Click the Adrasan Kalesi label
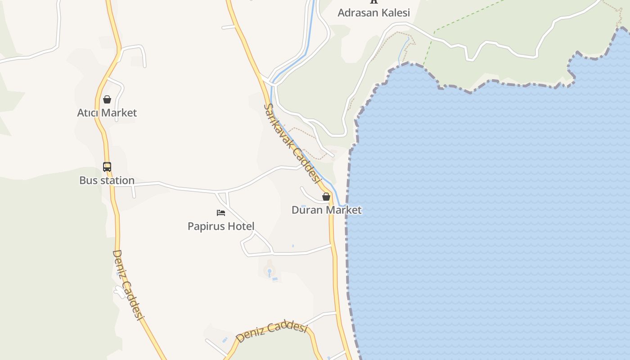tap(373, 13)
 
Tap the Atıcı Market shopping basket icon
tap(107, 99)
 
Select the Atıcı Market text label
tap(107, 112)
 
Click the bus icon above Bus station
tap(107, 167)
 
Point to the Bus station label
tap(107, 180)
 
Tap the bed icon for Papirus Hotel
tap(221, 213)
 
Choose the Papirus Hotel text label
tap(221, 226)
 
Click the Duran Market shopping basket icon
tap(326, 197)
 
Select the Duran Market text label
tap(326, 210)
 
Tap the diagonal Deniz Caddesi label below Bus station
tap(128, 285)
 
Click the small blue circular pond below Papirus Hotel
tap(270, 271)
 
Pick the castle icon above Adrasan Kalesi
tap(373, 1)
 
